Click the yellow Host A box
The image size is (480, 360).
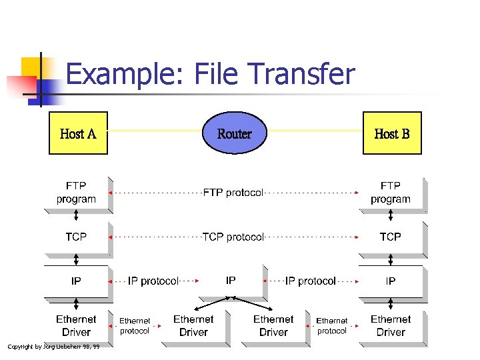click(x=78, y=133)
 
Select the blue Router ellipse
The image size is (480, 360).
click(x=235, y=133)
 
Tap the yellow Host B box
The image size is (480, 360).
click(x=392, y=133)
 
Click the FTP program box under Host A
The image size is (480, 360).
click(x=76, y=193)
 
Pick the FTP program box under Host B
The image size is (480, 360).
click(x=391, y=193)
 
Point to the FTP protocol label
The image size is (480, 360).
click(x=233, y=193)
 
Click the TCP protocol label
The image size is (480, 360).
click(x=233, y=237)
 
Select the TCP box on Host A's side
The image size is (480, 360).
click(x=76, y=237)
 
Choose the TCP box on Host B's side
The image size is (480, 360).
click(x=391, y=237)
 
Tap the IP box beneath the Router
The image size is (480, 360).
click(x=231, y=281)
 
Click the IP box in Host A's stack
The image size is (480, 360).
click(x=76, y=281)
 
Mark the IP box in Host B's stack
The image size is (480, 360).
click(x=391, y=281)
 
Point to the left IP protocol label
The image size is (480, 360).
click(x=153, y=281)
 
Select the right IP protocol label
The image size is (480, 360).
click(x=311, y=281)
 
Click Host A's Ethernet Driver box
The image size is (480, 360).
click(x=76, y=326)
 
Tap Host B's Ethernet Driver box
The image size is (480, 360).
click(x=391, y=326)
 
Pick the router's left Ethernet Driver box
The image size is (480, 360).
click(x=193, y=326)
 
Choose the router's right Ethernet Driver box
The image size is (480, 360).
click(x=273, y=326)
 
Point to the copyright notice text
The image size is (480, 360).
click(x=53, y=346)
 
